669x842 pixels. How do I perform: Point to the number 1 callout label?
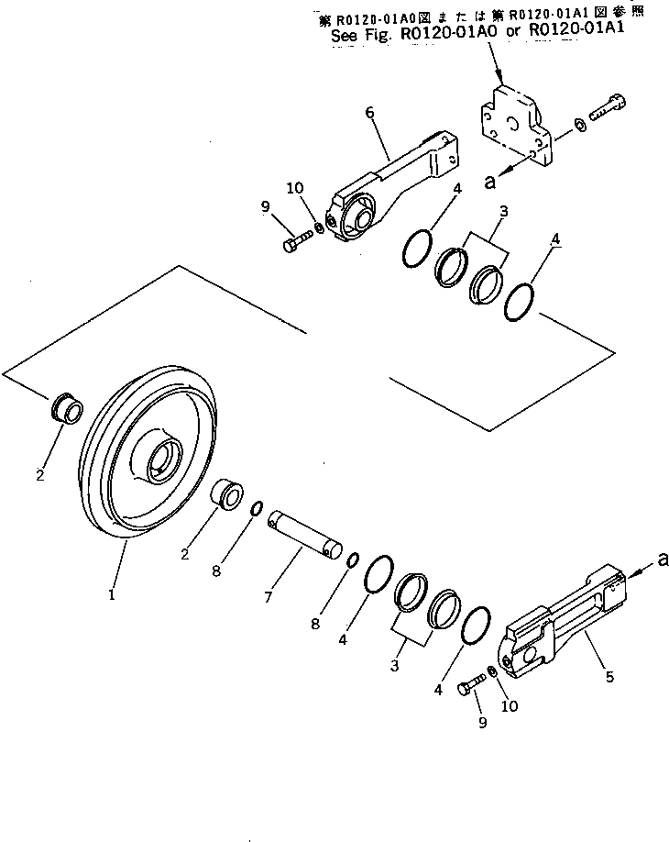tap(112, 594)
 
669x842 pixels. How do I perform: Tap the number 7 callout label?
tap(269, 597)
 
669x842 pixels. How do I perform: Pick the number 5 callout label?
tap(609, 677)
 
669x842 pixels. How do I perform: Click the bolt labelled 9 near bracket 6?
tap(295, 244)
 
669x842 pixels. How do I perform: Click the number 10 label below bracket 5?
tap(510, 706)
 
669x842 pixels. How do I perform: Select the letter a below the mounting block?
tap(490, 183)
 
